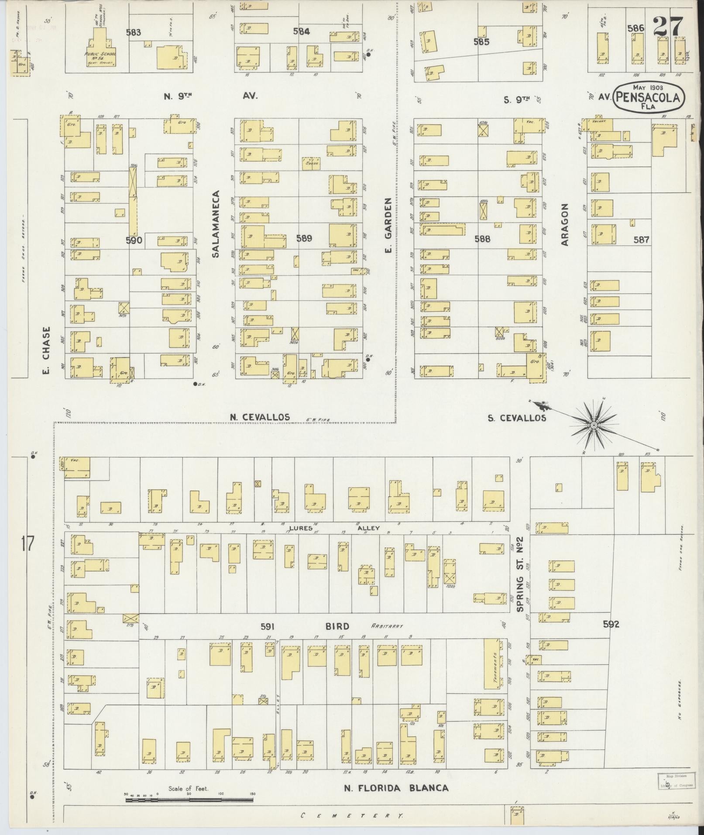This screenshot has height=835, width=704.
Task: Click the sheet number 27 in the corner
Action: (667, 27)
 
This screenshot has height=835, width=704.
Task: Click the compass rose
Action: (594, 425)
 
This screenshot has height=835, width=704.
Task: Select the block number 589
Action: (304, 238)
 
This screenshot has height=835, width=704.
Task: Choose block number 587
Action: (642, 240)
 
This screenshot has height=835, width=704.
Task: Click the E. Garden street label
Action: (388, 225)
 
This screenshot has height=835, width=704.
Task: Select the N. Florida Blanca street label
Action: (396, 788)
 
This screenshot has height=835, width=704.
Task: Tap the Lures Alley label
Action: (334, 528)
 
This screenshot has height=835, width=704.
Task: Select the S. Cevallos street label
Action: (517, 418)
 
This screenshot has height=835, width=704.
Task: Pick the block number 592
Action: (611, 625)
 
